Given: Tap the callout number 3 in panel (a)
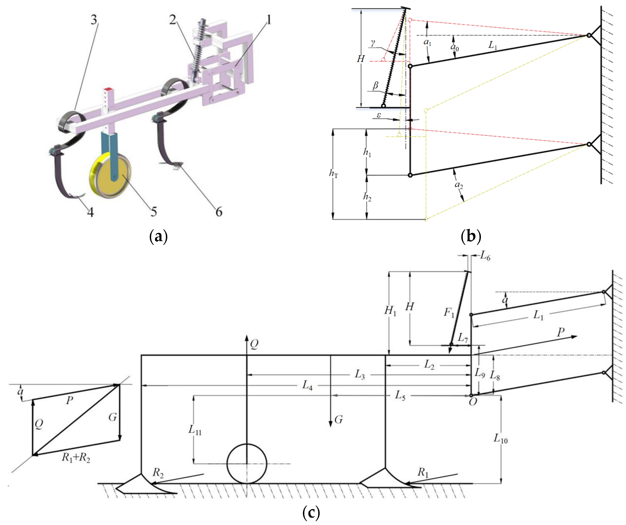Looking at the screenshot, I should pyautogui.click(x=94, y=20).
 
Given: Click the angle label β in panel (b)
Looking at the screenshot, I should pyautogui.click(x=375, y=86).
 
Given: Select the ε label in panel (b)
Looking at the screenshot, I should pyautogui.click(x=379, y=115).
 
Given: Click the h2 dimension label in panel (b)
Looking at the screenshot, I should pyautogui.click(x=367, y=197).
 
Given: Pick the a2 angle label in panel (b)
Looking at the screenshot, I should pyautogui.click(x=459, y=185).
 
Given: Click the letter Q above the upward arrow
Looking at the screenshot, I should pyautogui.click(x=254, y=344).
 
